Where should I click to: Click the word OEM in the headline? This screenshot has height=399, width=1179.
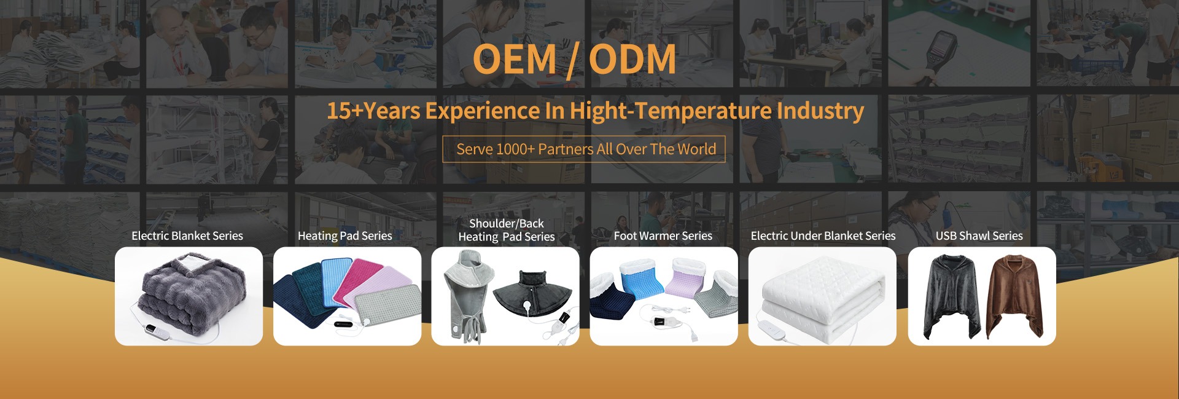pyautogui.click(x=515, y=60)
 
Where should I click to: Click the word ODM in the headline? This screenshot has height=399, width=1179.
pyautogui.click(x=632, y=60)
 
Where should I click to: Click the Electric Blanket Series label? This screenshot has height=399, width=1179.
pyautogui.click(x=187, y=236)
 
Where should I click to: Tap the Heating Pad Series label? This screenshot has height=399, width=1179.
pyautogui.click(x=345, y=236)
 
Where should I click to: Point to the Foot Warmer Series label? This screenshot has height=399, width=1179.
pyautogui.click(x=663, y=236)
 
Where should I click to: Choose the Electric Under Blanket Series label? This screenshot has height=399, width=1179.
pyautogui.click(x=823, y=236)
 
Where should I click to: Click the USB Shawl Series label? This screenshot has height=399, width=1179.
pyautogui.click(x=979, y=236)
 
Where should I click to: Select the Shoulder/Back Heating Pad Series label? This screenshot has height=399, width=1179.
pyautogui.click(x=507, y=230)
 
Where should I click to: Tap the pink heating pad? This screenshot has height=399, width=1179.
pyautogui.click(x=360, y=282)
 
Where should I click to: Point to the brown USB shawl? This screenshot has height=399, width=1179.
pyautogui.click(x=1015, y=296)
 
